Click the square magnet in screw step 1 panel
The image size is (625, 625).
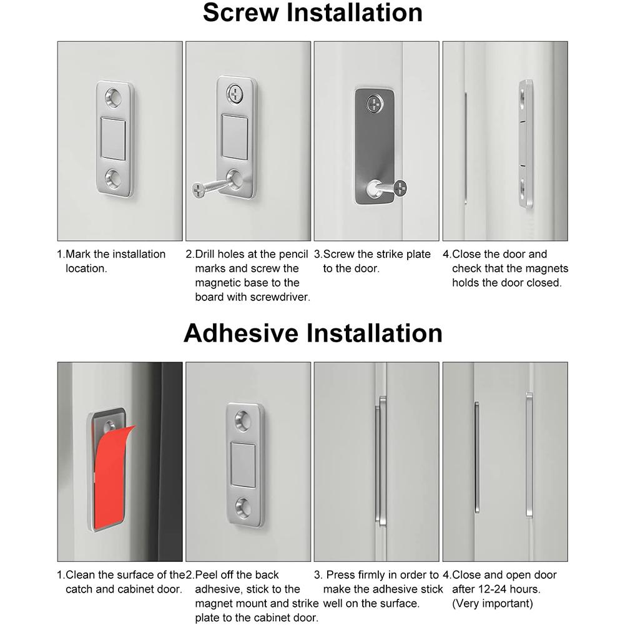coord(114,135)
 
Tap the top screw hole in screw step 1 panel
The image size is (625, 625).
coord(114,97)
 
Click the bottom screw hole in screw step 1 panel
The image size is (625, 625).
coord(114,177)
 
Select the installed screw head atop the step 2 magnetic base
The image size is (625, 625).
coord(235,94)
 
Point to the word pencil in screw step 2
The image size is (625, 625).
coord(292,254)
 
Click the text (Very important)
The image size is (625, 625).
coord(493,603)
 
